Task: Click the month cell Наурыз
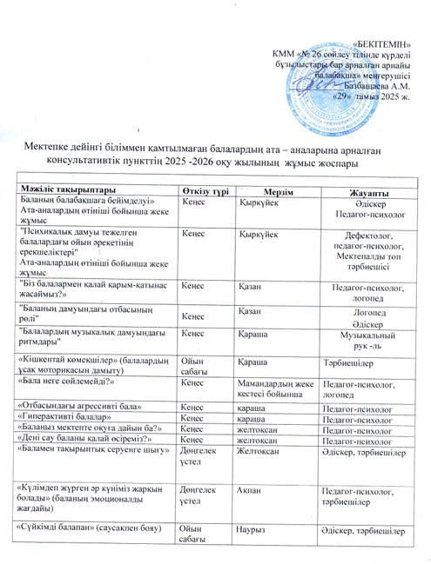click(254, 529)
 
